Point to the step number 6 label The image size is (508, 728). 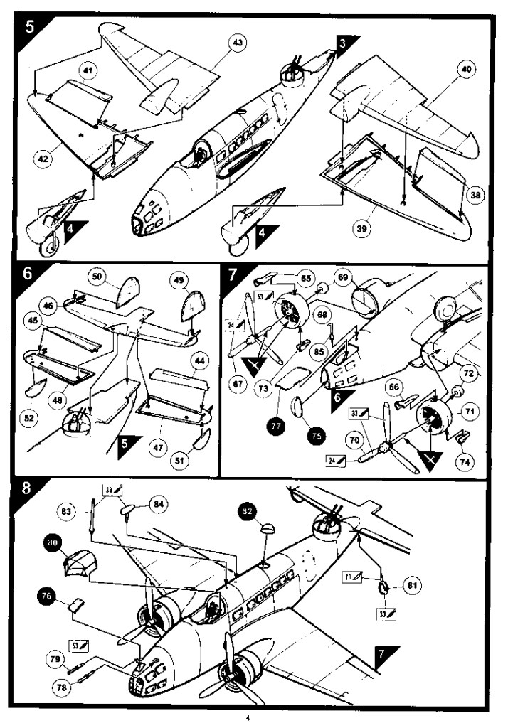28,274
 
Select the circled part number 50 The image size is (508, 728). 97,277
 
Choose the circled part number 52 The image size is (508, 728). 29,419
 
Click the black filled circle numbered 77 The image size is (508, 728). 274,427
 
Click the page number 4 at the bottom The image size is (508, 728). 248,718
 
